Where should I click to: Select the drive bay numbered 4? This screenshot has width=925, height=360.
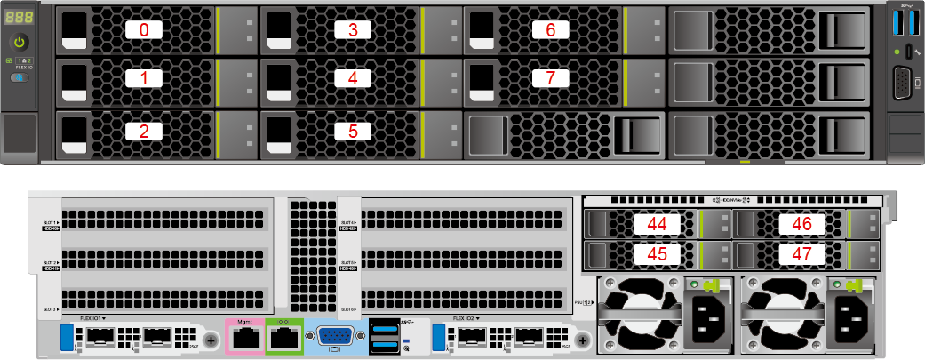pos(353,78)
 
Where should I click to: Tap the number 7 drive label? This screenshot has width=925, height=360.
pos(550,78)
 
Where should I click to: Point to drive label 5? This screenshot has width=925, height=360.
pos(353,132)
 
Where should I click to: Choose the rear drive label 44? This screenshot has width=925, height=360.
pos(657,224)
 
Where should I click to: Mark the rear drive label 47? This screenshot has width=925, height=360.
pos(801,254)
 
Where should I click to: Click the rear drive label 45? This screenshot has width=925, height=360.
pos(657,254)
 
